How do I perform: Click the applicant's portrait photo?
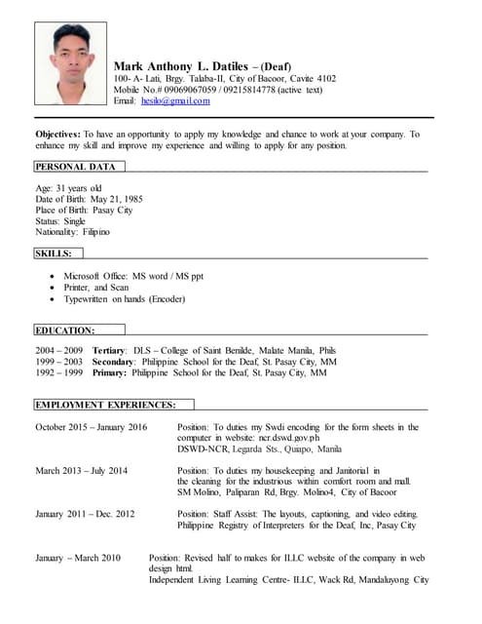coord(70,63)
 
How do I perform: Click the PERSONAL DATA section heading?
coord(75,167)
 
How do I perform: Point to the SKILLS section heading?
coord(54,253)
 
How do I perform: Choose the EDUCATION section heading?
coord(65,331)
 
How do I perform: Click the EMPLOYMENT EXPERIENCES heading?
coord(106,405)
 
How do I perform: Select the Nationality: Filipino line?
coord(73,232)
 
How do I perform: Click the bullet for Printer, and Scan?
coord(52,288)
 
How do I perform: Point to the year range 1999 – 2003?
coord(59,361)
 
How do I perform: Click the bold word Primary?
coord(109,372)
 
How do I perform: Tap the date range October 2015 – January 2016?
coord(91,427)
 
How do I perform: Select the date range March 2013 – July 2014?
coord(82,470)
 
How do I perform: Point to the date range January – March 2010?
coord(78,558)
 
